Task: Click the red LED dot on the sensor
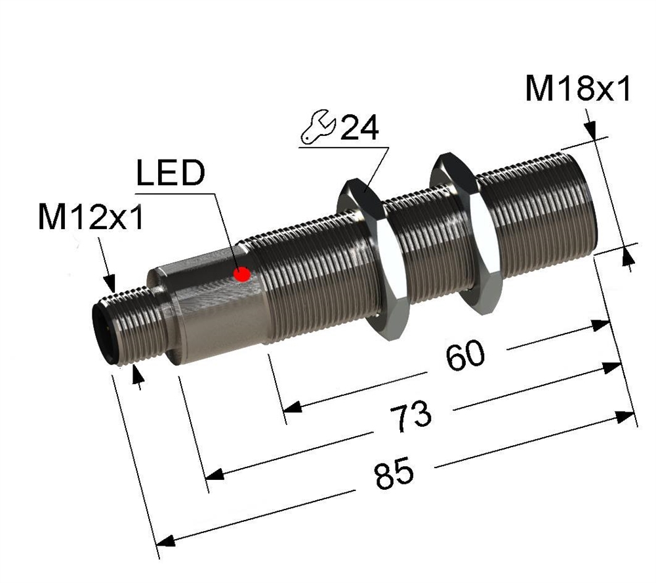click(242, 274)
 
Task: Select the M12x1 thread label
click(91, 217)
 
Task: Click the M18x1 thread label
click(577, 89)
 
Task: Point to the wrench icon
click(318, 127)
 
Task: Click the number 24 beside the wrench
click(359, 127)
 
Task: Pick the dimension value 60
click(465, 355)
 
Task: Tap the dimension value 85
click(394, 473)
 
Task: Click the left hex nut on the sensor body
click(374, 259)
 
